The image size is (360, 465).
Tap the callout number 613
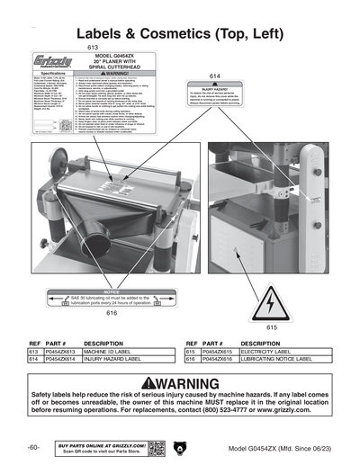(92, 47)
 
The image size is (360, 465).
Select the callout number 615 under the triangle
(272, 329)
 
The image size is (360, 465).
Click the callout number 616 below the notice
(112, 313)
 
